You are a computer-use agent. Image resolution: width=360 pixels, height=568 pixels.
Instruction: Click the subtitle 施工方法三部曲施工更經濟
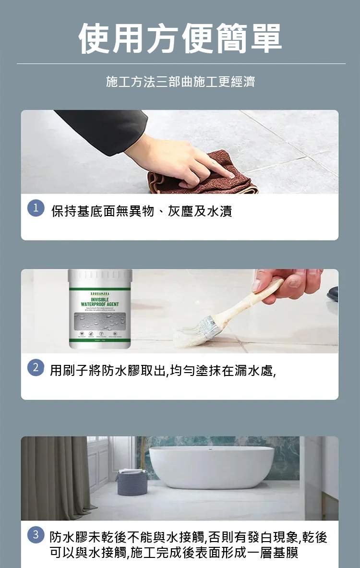(x=180, y=82)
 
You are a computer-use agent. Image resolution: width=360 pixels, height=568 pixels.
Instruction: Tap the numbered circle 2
(x=36, y=368)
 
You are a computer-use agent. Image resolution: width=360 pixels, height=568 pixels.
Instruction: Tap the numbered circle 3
(x=36, y=535)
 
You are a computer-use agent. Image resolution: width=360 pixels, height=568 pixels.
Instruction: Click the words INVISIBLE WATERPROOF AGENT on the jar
(x=100, y=302)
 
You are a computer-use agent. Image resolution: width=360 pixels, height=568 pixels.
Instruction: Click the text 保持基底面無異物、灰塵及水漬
(x=142, y=211)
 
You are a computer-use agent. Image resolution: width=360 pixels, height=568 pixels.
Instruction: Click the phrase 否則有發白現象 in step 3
(x=255, y=537)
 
